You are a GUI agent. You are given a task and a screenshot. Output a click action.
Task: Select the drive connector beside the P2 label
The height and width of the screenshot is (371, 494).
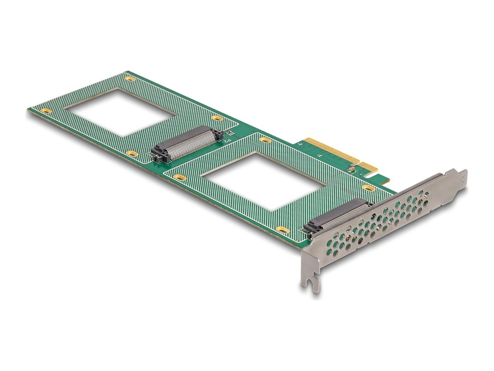pos(186,144)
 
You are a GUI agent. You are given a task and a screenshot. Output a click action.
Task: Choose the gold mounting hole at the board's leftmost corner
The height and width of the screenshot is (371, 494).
pos(46,111)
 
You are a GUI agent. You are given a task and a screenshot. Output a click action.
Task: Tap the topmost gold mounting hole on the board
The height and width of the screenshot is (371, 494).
pos(130,78)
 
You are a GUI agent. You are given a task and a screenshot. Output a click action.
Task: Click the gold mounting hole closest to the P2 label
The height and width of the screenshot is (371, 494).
pos(218,118)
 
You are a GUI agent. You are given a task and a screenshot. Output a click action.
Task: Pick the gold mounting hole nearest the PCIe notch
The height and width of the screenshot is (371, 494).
pos(369,187)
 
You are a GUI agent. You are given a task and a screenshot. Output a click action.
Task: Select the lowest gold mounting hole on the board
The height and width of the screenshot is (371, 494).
pos(283,230)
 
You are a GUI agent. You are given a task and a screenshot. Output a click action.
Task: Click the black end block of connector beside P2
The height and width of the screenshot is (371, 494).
pos(159,156)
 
